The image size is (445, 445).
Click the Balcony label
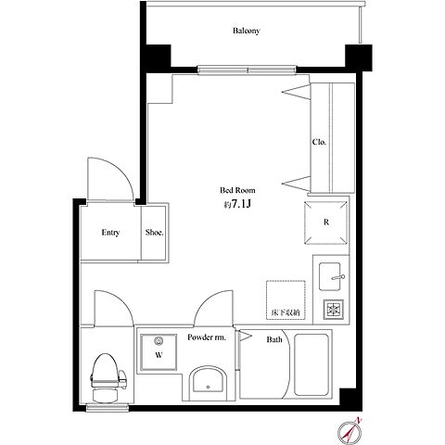click(247, 31)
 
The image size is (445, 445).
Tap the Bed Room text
click(237, 190)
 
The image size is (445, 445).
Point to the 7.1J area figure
click(241, 204)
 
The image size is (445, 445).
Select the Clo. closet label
click(319, 142)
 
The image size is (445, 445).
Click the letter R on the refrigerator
click(326, 222)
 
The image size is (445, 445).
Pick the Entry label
click(110, 233)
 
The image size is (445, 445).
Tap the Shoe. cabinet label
click(155, 233)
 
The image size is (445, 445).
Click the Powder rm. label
click(207, 337)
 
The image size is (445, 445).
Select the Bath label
click(274, 339)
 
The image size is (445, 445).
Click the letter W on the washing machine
click(159, 355)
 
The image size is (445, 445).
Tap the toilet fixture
click(108, 378)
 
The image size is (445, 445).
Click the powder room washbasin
click(208, 383)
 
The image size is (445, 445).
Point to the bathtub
click(311, 364)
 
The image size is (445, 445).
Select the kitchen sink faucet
click(337, 277)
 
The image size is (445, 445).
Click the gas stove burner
click(334, 309)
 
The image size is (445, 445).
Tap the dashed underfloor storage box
click(286, 299)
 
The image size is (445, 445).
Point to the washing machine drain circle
click(159, 341)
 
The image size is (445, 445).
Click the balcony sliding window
click(247, 70)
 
